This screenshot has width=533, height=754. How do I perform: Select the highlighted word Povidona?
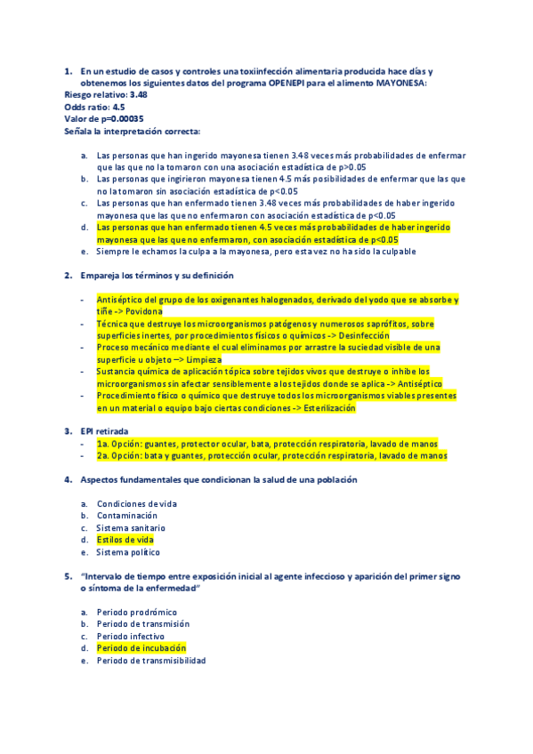144,312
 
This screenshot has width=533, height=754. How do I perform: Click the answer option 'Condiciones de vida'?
136,503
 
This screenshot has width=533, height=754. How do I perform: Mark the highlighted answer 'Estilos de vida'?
125,540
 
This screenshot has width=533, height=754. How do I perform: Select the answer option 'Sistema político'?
128,551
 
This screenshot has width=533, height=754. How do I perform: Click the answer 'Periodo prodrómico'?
136,612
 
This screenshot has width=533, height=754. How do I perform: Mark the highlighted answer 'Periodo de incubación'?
141,648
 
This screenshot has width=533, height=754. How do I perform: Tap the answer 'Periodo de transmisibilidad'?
151,661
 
